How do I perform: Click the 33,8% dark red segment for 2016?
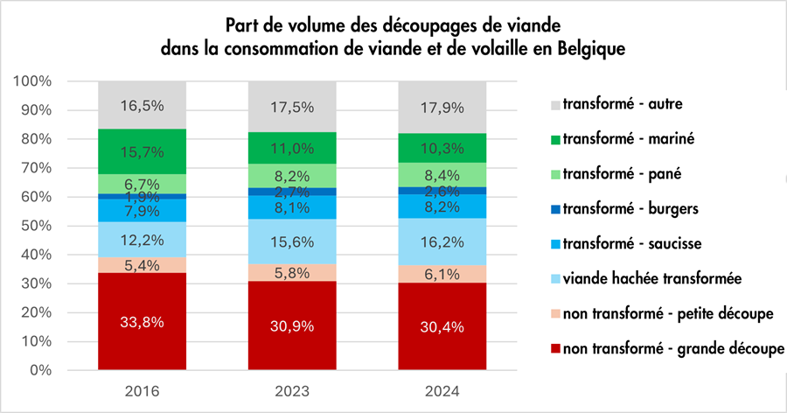(142, 321)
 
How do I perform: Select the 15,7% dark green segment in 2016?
(142, 151)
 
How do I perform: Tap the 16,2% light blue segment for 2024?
(442, 241)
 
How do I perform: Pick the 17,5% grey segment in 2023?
(292, 107)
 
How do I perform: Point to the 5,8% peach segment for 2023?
(292, 273)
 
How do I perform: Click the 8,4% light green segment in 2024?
(442, 175)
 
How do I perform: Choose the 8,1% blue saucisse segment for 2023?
(292, 207)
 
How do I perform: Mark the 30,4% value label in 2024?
(442, 327)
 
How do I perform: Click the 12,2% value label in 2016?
(142, 240)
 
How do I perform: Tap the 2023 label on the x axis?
(292, 391)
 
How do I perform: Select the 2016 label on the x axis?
(142, 391)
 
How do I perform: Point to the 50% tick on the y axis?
(36, 226)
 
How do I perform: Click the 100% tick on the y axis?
(32, 80)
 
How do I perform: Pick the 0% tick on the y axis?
(40, 370)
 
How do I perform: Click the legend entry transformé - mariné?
(623, 138)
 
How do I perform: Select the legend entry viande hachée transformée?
(646, 278)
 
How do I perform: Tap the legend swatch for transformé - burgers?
(555, 209)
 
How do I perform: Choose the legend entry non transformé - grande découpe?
(667, 349)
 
